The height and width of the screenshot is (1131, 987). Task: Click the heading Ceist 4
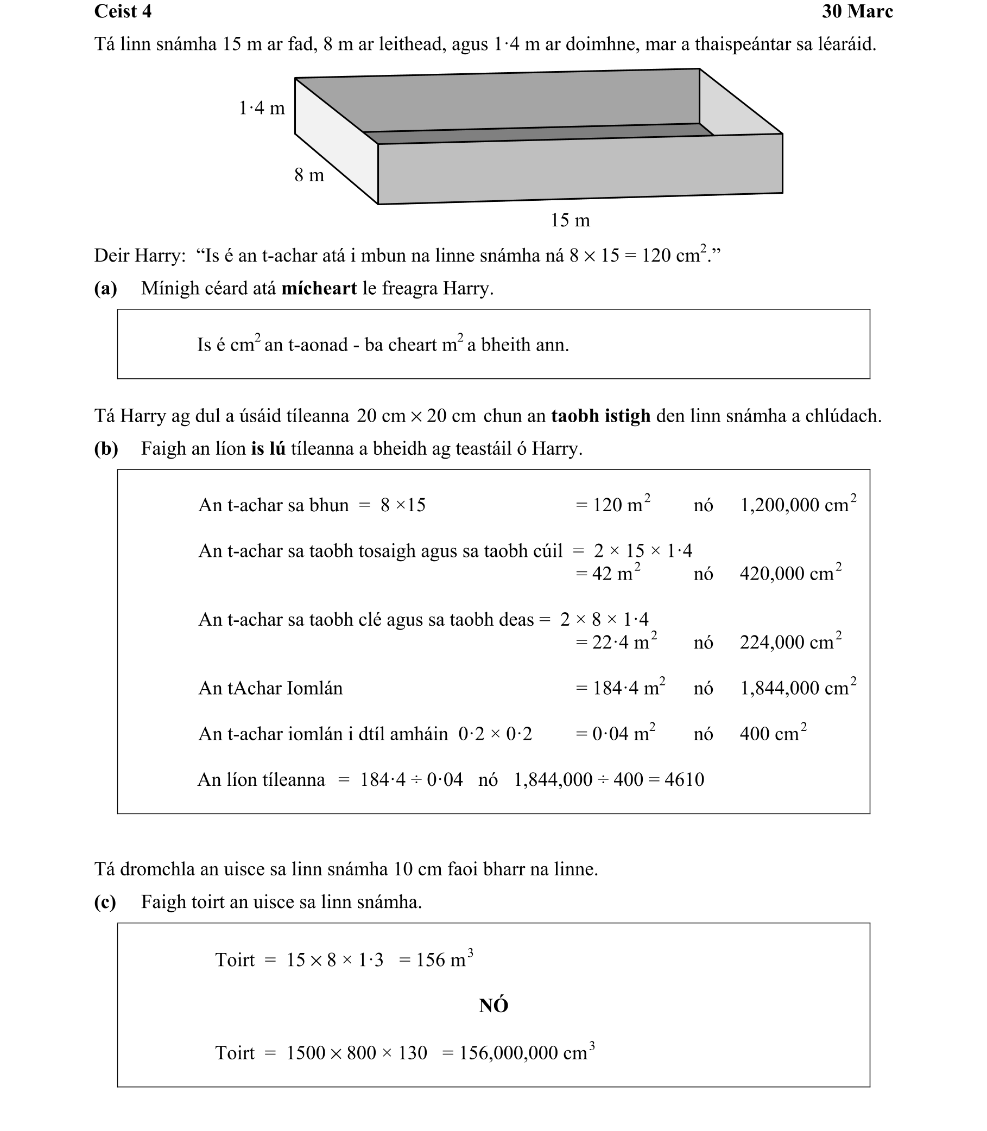(x=123, y=11)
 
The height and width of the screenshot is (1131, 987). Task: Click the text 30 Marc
(x=857, y=11)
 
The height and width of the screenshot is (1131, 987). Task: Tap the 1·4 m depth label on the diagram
(x=262, y=109)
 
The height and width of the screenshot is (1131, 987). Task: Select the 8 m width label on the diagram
(x=309, y=176)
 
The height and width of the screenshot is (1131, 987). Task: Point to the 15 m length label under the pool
(x=570, y=221)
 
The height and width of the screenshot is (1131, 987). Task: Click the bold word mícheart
(x=319, y=289)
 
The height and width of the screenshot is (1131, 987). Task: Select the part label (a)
(x=106, y=289)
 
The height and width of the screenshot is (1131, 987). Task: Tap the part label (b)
(x=106, y=449)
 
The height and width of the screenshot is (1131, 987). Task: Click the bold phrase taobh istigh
(x=600, y=416)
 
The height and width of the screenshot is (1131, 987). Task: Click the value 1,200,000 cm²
(x=798, y=505)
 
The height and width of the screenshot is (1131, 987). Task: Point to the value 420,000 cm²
(x=790, y=574)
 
